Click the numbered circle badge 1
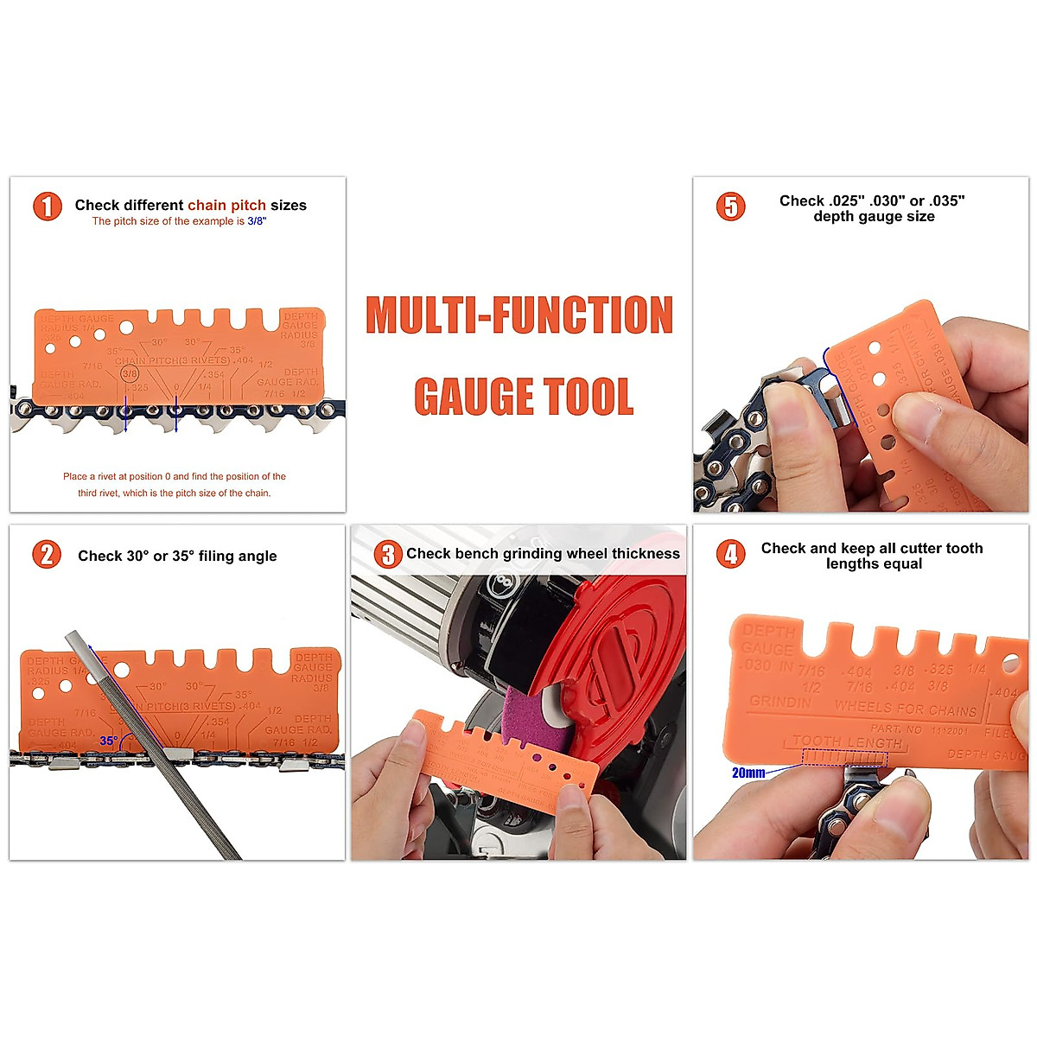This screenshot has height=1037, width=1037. tap(48, 207)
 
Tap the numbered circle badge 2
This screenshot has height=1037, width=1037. tap(48, 554)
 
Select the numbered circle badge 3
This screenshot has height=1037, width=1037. tap(388, 554)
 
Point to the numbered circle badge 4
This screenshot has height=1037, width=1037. tap(731, 554)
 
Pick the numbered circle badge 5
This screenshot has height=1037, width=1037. tap(731, 207)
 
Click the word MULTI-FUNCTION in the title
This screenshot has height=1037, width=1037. tap(519, 315)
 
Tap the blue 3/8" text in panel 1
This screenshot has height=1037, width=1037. tap(257, 221)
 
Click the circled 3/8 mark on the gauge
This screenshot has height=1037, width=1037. tap(130, 373)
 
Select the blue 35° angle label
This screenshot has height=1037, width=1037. tap(108, 741)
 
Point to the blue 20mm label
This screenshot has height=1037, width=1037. tap(748, 773)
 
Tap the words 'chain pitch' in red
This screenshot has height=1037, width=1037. tap(226, 205)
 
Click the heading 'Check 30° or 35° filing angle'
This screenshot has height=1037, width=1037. tap(177, 556)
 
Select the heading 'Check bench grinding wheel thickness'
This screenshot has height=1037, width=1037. tap(543, 553)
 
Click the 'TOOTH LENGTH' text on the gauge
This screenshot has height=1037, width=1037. tap(847, 741)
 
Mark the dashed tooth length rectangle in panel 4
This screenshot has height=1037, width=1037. tap(844, 758)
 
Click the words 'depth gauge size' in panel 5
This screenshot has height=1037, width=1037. tap(874, 216)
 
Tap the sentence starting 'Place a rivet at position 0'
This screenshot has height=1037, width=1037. tap(174, 476)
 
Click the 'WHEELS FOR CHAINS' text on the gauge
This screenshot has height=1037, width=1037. tap(905, 708)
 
